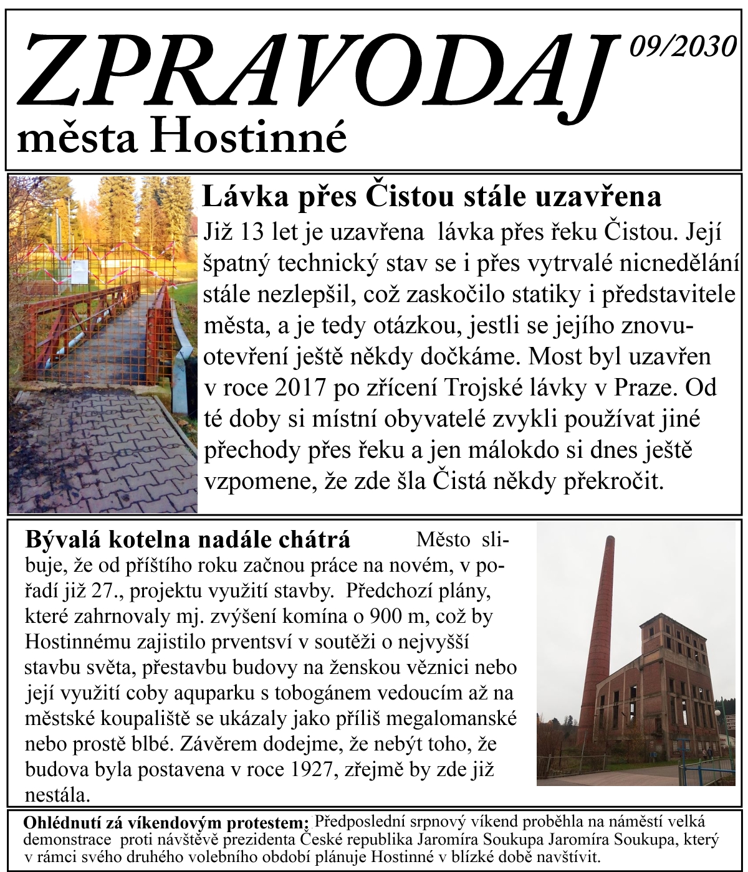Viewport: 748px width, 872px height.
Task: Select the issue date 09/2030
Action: point(683,47)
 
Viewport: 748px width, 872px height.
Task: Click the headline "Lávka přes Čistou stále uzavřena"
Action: point(431,197)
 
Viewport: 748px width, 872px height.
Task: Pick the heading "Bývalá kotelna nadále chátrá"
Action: point(188,539)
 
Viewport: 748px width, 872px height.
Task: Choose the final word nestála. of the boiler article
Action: point(57,795)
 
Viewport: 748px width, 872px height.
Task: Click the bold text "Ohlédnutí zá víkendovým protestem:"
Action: point(166,823)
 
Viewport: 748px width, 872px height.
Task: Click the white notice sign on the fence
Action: point(80,272)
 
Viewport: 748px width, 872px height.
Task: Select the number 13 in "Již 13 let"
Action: point(252,232)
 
